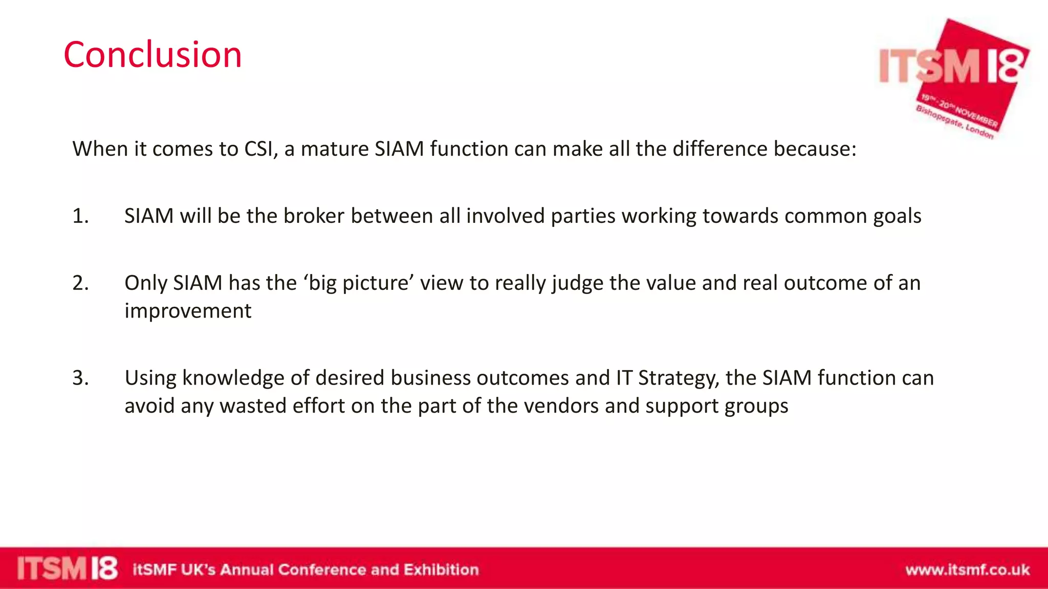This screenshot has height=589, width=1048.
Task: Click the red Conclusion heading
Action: [152, 55]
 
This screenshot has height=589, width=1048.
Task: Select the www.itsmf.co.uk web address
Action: [967, 570]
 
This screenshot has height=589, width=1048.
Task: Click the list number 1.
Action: [80, 216]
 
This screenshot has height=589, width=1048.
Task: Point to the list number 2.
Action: [80, 283]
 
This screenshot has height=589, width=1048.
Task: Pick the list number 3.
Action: [80, 378]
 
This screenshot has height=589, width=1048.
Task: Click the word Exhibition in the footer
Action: [441, 570]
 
